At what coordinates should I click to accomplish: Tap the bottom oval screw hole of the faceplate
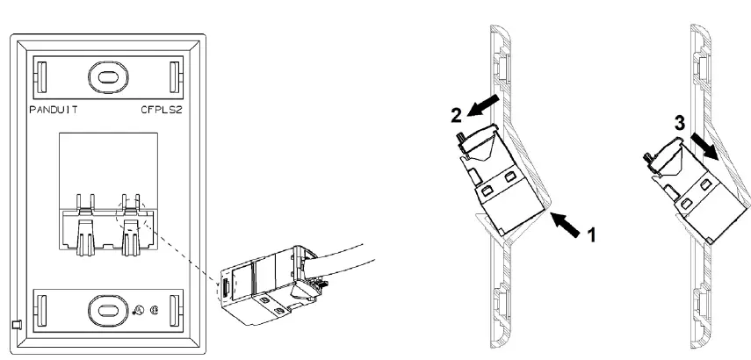pos(107,309)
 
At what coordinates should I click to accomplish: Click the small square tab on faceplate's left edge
pos(16,327)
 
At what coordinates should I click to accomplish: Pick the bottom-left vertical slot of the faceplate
pos(40,309)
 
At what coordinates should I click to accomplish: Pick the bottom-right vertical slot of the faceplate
pos(175,309)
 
